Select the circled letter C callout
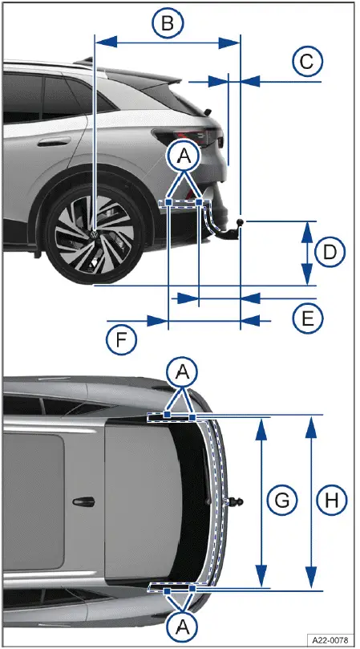tap(306, 61)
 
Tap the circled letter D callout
tap(329, 253)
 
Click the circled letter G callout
tap(281, 501)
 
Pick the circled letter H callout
tap(329, 501)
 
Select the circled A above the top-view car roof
tap(184, 371)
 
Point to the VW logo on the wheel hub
tap(95, 234)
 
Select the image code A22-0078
tap(331, 639)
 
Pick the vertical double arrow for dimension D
tap(306, 253)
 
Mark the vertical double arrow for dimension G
tap(260, 501)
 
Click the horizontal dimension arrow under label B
tap(167, 41)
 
